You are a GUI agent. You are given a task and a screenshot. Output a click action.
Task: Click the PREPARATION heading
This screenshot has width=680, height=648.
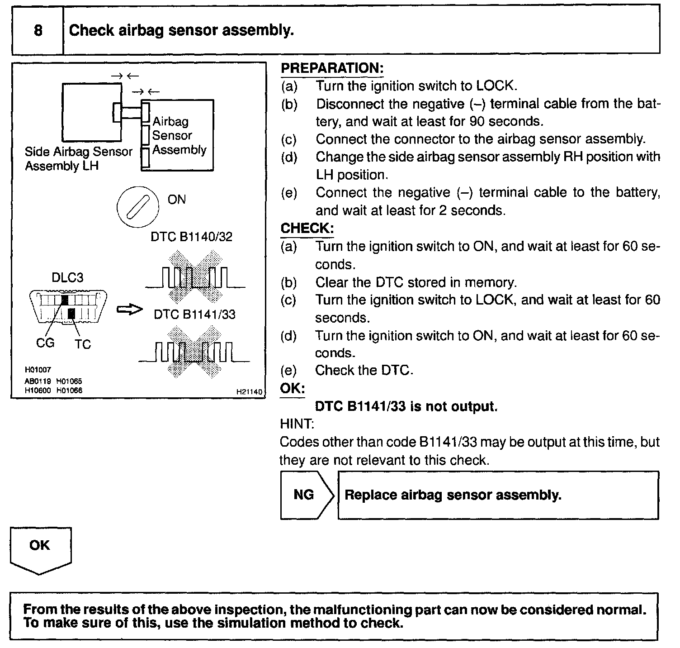(332, 68)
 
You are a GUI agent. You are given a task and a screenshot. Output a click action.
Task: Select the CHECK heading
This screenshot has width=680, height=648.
(307, 229)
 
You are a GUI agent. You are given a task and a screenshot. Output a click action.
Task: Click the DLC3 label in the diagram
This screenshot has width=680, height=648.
(67, 277)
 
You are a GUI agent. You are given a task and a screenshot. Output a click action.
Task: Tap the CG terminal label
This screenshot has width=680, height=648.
(45, 343)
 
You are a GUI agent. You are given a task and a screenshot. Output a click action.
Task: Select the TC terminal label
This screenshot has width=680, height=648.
(83, 344)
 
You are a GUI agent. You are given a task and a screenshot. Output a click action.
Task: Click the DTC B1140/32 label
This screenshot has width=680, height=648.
(191, 237)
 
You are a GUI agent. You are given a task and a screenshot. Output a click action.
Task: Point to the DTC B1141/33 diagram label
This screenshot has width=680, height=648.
(194, 314)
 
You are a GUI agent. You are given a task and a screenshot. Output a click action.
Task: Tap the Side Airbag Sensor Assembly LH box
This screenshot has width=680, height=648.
(91, 112)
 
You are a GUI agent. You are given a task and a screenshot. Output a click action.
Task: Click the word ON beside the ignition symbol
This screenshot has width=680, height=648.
(176, 200)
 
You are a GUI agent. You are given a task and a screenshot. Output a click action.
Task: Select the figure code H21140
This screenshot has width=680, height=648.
(249, 392)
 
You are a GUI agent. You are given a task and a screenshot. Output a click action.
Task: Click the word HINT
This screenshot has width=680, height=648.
(296, 424)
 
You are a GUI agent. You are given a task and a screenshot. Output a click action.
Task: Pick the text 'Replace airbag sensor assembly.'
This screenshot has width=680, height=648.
(453, 495)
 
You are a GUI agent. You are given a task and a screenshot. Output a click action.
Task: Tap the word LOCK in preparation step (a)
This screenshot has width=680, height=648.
(495, 86)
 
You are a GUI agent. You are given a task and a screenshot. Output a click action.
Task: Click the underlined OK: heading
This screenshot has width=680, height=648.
(292, 389)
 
